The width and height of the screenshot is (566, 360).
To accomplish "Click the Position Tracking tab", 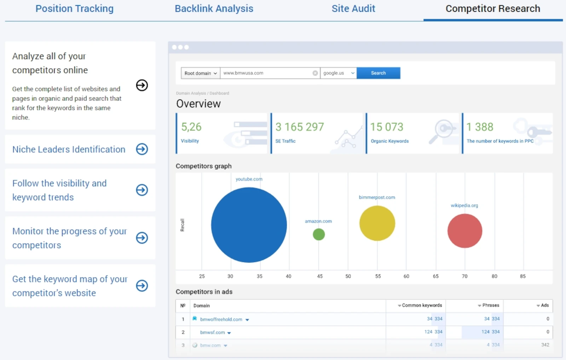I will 74,9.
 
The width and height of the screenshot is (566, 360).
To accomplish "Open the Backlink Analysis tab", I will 214,9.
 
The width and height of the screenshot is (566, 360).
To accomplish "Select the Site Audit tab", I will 353,9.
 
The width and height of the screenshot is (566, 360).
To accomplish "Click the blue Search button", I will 378,73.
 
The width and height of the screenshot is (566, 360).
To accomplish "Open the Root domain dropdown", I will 200,73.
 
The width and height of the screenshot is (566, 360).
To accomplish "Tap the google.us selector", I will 338,73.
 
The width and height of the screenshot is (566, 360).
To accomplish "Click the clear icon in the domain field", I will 315,73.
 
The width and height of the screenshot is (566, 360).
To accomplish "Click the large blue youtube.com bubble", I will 249,225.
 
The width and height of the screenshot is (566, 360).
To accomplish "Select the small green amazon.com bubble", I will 319,234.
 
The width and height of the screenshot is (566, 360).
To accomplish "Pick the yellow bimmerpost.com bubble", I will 377,223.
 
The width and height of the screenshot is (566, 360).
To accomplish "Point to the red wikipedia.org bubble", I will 464,231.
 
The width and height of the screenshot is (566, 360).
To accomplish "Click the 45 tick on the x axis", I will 319,276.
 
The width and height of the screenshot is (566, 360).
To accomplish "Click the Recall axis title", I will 183,225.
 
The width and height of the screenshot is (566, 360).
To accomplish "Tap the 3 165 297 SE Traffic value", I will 299,127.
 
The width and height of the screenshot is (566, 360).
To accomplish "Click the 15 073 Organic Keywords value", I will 386,127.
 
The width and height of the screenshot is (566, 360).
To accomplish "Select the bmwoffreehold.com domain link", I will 221,319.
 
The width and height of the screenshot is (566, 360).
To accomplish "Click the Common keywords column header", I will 421,305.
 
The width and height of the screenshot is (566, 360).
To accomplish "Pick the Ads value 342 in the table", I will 545,345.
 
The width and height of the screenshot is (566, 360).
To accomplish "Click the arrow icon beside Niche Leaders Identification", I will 142,149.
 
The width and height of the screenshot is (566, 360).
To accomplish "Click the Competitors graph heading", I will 203,166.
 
